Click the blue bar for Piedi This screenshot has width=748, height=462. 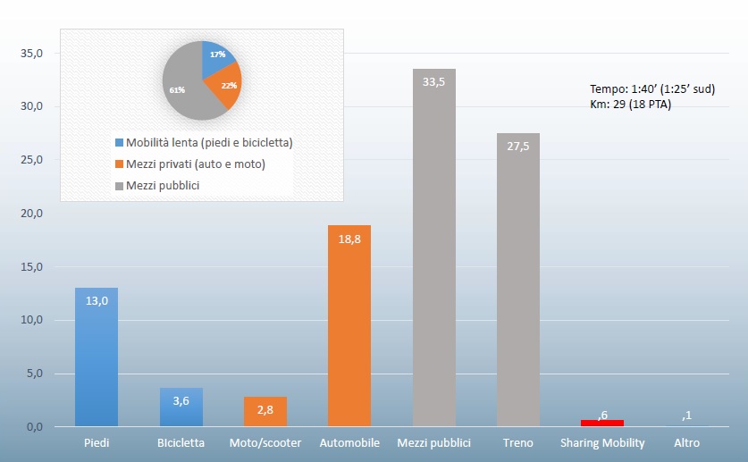coord(97,357)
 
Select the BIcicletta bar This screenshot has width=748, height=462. coord(181,407)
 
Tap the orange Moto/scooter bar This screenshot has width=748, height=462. coord(265,411)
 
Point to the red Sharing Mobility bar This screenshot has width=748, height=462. coord(602,423)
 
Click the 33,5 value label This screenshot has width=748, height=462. coord(434,83)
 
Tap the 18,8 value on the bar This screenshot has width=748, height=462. coord(349,239)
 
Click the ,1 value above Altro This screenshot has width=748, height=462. coord(686,416)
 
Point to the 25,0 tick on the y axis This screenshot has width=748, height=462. coord(33,160)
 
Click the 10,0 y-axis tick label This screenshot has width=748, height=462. coord(33,320)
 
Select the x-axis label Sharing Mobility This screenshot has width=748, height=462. coord(602,442)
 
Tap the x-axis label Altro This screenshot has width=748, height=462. coord(686,442)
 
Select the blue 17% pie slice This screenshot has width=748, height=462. coord(218,58)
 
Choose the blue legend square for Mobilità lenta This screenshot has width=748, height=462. coord(119,143)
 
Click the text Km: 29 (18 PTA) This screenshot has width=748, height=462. coord(630,105)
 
